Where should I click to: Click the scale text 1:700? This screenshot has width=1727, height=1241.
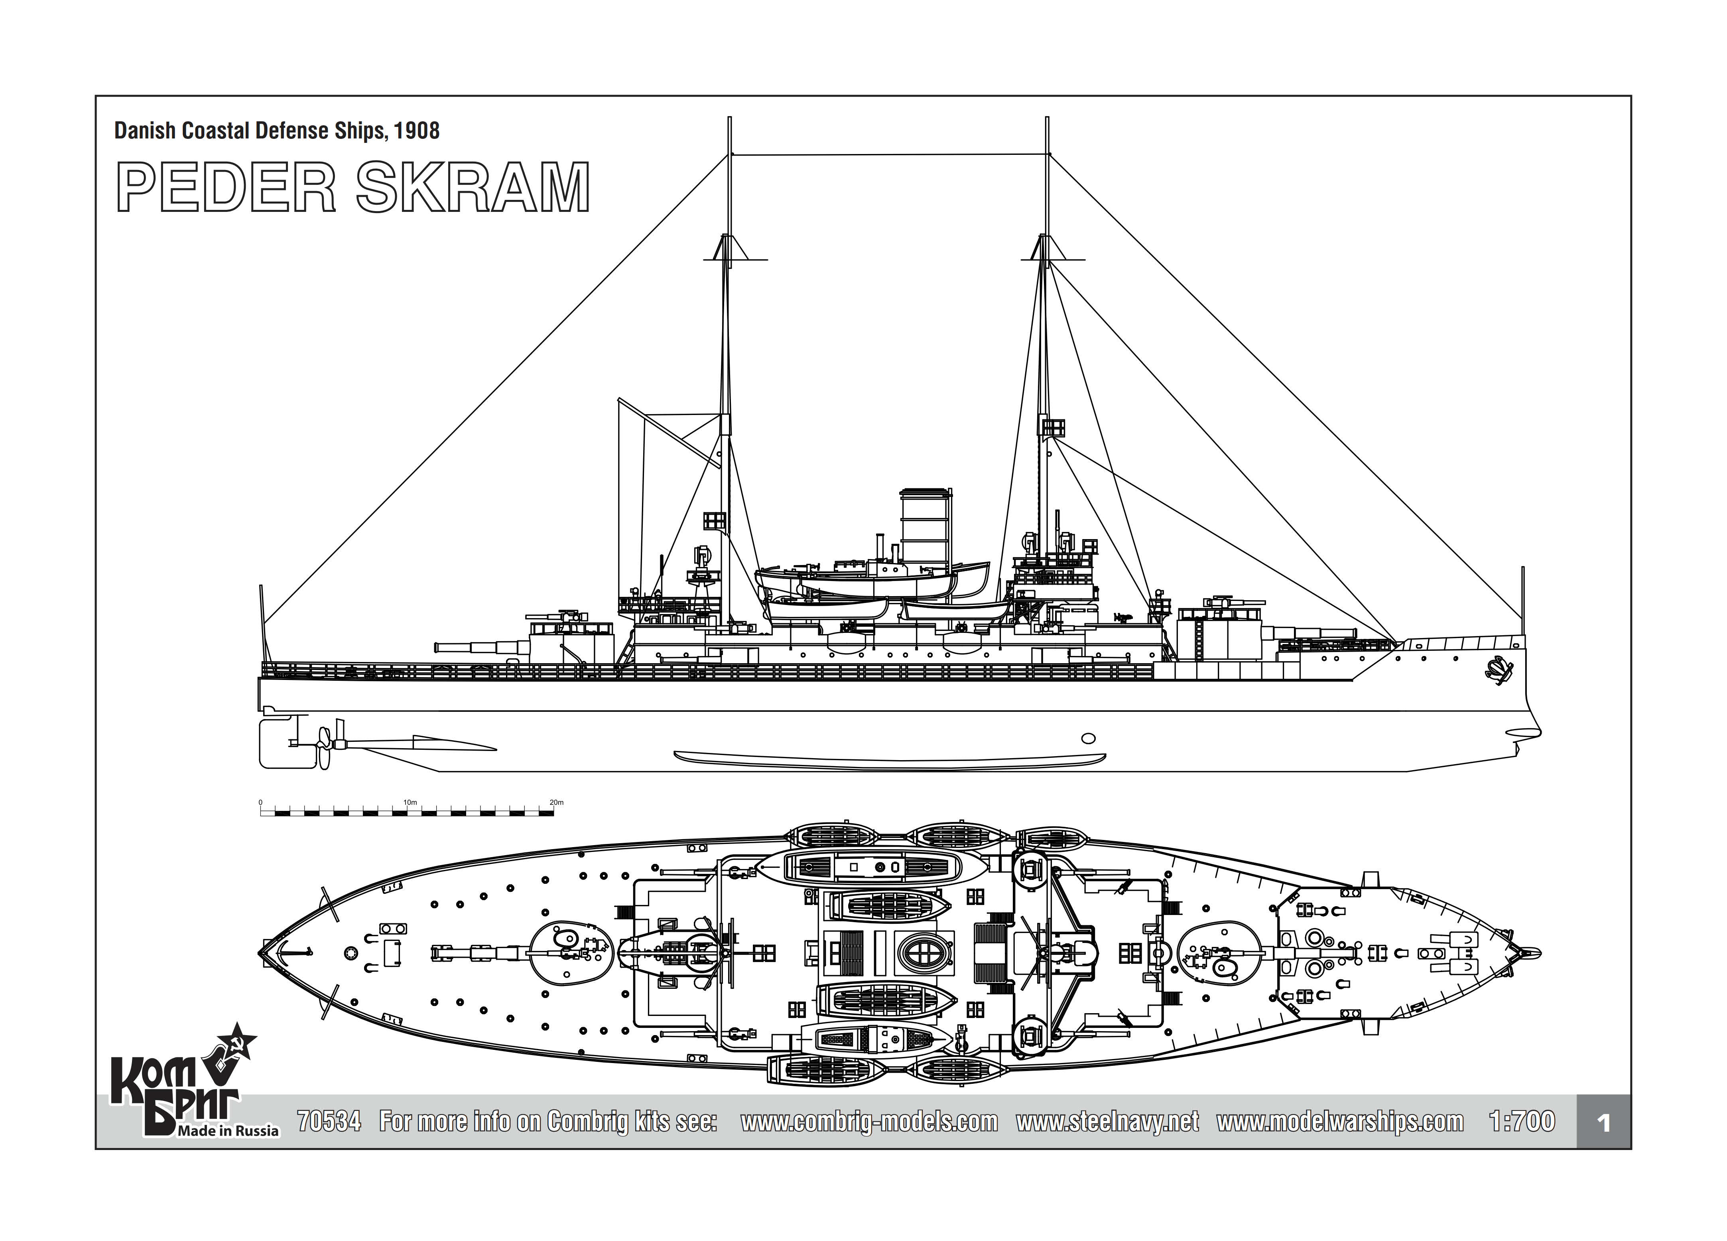point(1521,1121)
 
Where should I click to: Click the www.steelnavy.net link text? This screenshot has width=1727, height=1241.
point(1107,1122)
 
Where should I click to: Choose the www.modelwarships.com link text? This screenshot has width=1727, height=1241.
point(1340,1122)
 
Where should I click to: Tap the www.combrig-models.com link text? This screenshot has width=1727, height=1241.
point(869,1122)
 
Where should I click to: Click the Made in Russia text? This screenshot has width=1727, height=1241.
point(228,1130)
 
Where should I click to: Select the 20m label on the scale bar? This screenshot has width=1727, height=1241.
point(557,802)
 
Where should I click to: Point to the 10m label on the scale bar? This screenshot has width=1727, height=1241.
point(410,802)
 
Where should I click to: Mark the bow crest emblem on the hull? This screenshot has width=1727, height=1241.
point(1498,670)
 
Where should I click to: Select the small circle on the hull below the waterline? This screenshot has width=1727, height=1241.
point(1089,738)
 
